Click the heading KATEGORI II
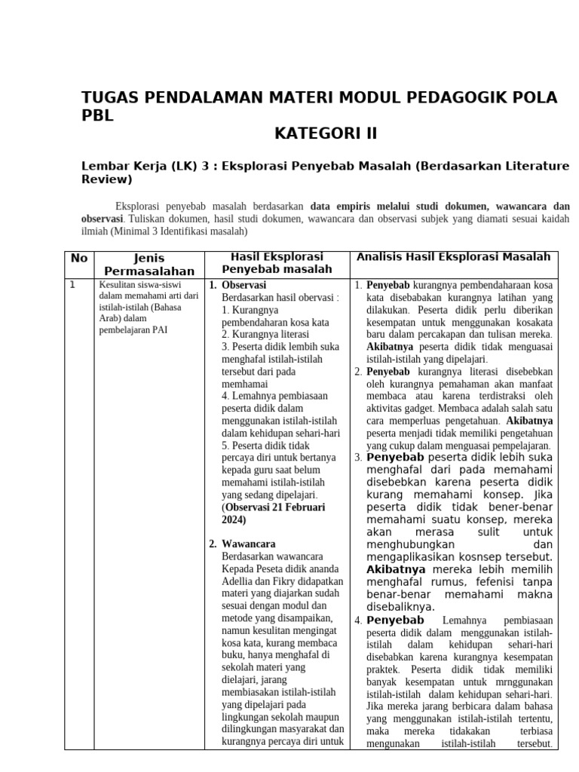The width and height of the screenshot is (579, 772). (x=325, y=134)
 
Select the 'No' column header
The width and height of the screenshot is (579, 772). (x=79, y=259)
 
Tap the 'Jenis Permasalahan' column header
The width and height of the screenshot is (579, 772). (x=149, y=265)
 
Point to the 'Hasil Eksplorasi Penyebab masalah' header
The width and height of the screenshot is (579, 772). (x=277, y=262)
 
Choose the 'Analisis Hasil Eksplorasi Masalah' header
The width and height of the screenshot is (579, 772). (x=454, y=257)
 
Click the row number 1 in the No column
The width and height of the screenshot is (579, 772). (x=72, y=285)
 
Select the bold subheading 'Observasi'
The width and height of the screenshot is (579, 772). (x=244, y=286)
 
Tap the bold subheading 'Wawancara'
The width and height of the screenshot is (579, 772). (x=248, y=544)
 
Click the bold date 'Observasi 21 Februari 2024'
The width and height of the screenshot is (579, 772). (x=273, y=513)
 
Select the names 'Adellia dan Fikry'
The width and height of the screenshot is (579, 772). (x=263, y=582)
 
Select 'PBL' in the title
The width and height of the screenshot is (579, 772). (x=97, y=116)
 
